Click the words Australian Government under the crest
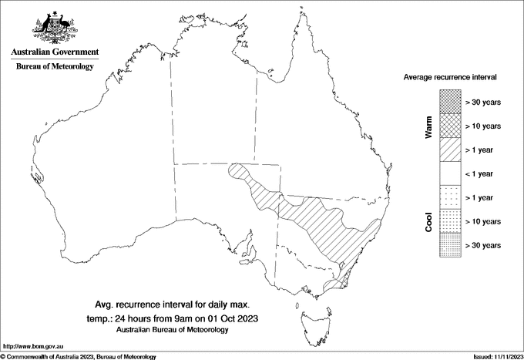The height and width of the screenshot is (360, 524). pyautogui.click(x=54, y=52)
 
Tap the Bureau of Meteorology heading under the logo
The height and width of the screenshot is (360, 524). pyautogui.click(x=54, y=67)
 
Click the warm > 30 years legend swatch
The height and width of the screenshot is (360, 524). pyautogui.click(x=450, y=102)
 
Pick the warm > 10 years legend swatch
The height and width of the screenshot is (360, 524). pyautogui.click(x=450, y=126)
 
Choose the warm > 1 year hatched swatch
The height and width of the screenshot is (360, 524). pyautogui.click(x=450, y=150)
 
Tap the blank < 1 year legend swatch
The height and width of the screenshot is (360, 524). pyautogui.click(x=450, y=173)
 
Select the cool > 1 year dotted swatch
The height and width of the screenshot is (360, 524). pyautogui.click(x=450, y=197)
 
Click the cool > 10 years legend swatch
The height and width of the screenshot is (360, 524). pyautogui.click(x=450, y=221)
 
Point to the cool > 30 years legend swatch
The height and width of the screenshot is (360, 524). pyautogui.click(x=450, y=245)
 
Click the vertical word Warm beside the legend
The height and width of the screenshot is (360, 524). pyautogui.click(x=429, y=127)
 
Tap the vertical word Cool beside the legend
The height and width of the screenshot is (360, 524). pyautogui.click(x=429, y=221)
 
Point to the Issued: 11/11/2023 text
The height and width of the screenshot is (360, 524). pyautogui.click(x=497, y=356)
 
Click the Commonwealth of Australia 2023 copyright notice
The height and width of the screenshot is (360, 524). pyautogui.click(x=79, y=356)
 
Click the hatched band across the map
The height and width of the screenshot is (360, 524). pyautogui.click(x=324, y=224)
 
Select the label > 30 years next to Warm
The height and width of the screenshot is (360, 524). pyautogui.click(x=483, y=102)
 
